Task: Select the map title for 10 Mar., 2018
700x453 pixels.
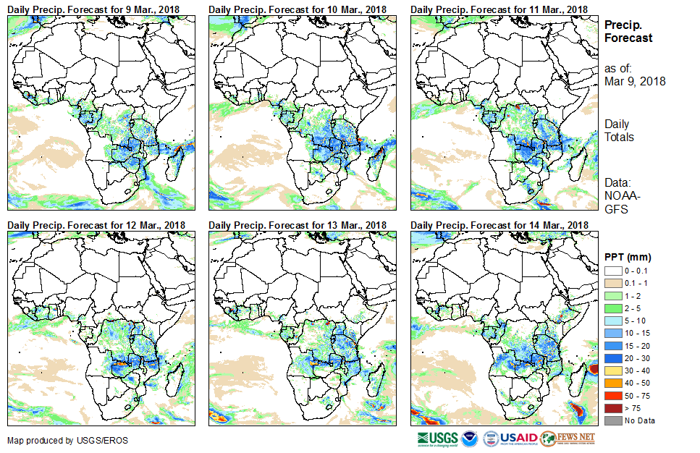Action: (x=298, y=9)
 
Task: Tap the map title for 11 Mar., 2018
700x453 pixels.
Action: (x=499, y=9)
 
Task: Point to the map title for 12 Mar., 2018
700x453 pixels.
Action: (x=96, y=225)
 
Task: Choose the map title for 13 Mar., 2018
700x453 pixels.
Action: (x=298, y=225)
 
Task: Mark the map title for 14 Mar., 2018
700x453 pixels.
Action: (x=499, y=225)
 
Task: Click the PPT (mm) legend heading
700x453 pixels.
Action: (x=628, y=257)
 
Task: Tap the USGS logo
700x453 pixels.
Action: (x=438, y=439)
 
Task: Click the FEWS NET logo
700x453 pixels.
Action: (x=569, y=439)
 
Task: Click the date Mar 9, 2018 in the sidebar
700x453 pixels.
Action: (x=635, y=81)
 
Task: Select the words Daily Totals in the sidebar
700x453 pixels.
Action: (x=619, y=130)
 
